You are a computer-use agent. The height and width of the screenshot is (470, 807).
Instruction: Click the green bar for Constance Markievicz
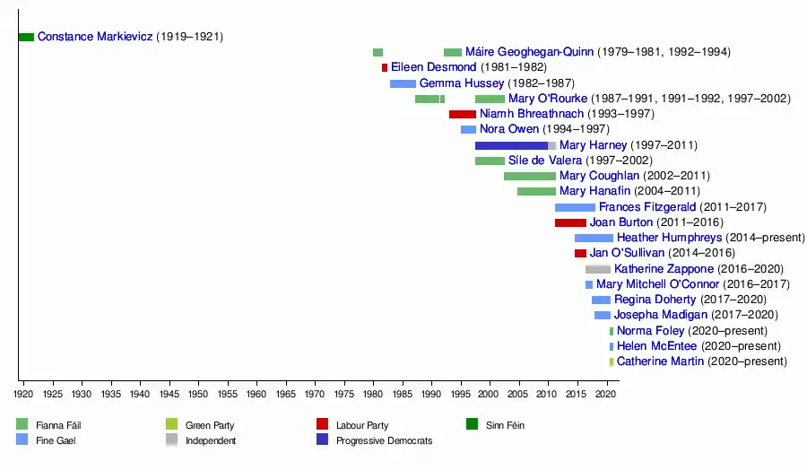point(26,37)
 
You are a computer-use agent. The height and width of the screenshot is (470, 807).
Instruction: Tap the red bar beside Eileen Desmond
point(385,67)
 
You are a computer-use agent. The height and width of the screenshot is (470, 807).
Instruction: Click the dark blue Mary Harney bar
point(511,145)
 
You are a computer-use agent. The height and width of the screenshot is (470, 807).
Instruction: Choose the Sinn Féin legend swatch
point(472,424)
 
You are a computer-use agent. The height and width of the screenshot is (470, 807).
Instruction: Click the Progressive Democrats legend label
point(384,440)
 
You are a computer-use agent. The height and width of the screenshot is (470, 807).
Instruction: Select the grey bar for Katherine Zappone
point(598,269)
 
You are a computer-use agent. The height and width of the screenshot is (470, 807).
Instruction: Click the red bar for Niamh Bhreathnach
point(463,114)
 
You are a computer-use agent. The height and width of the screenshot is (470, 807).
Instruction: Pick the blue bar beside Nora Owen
point(468,130)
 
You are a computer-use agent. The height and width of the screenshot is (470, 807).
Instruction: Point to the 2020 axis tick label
point(606,393)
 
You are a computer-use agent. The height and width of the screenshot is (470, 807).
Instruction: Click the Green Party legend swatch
point(171,424)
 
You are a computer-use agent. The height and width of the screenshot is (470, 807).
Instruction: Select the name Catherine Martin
point(660,361)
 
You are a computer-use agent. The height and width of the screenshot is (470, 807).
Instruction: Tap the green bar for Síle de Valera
point(490,161)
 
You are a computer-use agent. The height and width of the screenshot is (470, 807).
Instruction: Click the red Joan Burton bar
point(570,222)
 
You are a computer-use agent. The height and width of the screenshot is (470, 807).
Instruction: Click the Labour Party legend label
point(362,425)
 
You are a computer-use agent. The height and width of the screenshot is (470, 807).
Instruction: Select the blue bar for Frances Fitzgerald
point(575,207)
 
